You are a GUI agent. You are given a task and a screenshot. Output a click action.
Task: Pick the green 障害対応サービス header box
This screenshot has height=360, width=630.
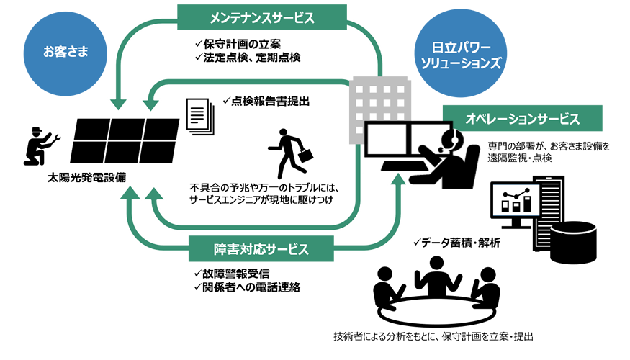[261, 250]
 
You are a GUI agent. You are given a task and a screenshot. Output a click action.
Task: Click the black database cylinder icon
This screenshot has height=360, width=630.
[573, 242]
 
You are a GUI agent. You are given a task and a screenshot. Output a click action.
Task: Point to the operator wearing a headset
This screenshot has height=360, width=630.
[454, 153]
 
